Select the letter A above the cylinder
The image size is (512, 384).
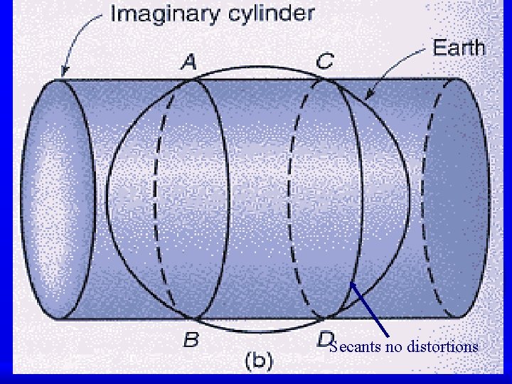pos(188,63)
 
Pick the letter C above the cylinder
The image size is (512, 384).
pos(324,62)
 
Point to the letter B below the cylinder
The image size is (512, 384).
pos(191,340)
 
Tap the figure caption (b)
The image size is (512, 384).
pos(258,361)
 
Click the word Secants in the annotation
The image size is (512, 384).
pos(355,347)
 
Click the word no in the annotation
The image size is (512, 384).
pos(393,347)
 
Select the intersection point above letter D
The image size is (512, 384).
pos(326,317)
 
